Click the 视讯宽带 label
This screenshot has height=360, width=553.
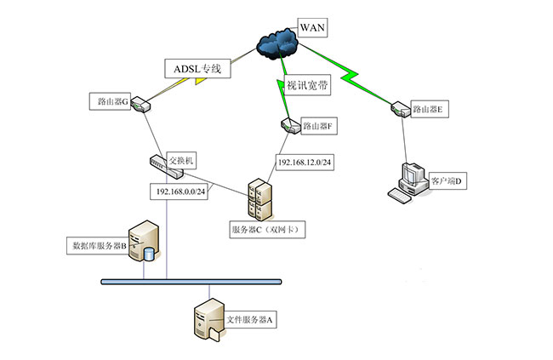point(309,86)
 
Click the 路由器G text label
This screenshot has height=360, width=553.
point(111,101)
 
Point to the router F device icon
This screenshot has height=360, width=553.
point(289,127)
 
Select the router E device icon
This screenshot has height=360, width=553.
point(399,108)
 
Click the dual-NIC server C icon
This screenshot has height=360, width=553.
point(258,201)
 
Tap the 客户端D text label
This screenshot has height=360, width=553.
point(450,181)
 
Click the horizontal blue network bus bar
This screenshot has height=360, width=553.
point(191,281)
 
